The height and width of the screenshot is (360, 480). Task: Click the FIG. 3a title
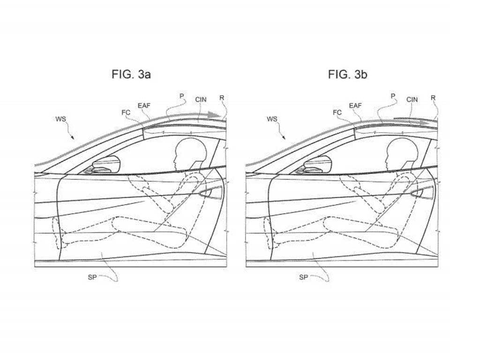131,75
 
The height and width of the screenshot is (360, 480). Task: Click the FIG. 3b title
347,75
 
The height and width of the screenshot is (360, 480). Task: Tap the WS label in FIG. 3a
60,119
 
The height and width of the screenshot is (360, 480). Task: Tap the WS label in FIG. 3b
272,119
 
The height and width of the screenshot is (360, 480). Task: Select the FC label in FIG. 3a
126,112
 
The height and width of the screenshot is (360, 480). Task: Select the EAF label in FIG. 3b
355,105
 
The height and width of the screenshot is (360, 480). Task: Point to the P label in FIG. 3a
181,96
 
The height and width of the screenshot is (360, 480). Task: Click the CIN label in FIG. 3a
201,99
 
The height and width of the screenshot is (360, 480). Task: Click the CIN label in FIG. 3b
412,99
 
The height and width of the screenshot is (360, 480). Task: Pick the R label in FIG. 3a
222,98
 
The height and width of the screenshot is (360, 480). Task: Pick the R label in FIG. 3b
433,98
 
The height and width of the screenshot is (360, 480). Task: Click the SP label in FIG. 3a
92,277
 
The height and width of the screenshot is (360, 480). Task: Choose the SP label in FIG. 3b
303,277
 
